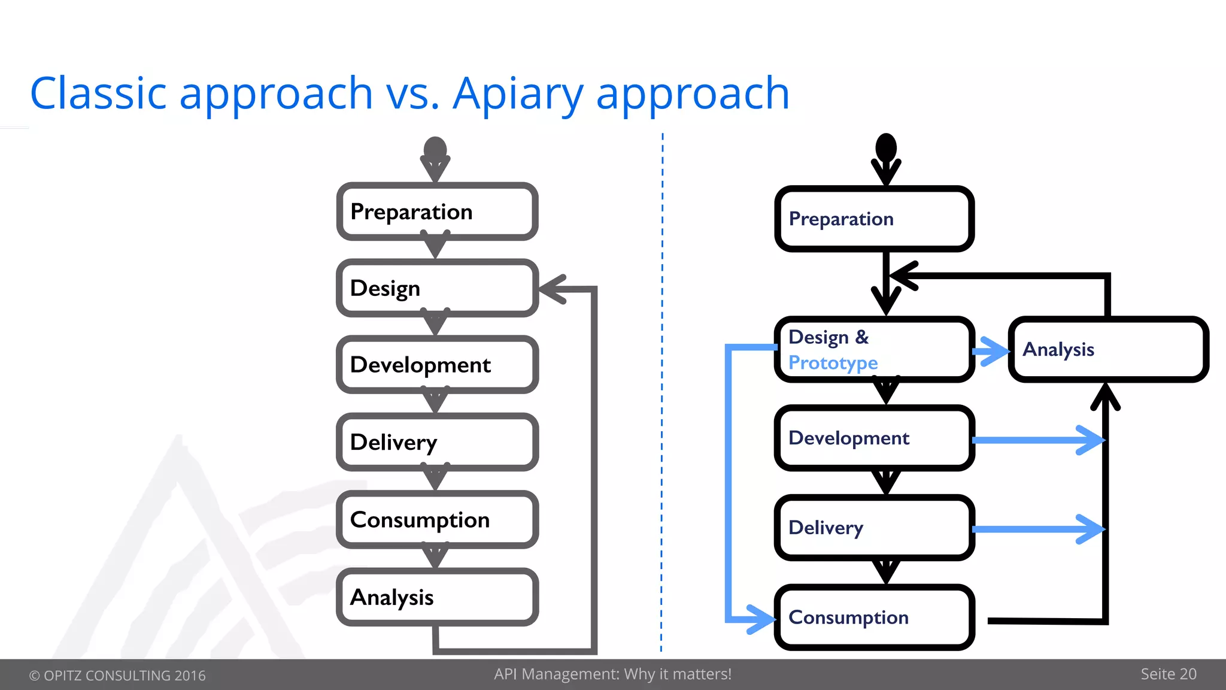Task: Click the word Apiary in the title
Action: pyautogui.click(x=517, y=94)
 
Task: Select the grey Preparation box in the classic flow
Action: pyautogui.click(x=437, y=211)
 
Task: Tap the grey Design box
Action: pyautogui.click(x=437, y=288)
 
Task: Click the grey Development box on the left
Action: pyautogui.click(x=437, y=365)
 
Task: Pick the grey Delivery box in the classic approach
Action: pyautogui.click(x=437, y=442)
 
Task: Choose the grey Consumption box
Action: pyautogui.click(x=437, y=519)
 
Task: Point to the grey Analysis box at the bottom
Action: pyautogui.click(x=437, y=597)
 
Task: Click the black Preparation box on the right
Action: pyautogui.click(x=874, y=219)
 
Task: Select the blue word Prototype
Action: pyautogui.click(x=833, y=363)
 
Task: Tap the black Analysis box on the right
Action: pyautogui.click(x=1108, y=349)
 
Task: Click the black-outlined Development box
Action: pyautogui.click(x=874, y=438)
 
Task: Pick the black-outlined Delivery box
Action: pyautogui.click(x=874, y=528)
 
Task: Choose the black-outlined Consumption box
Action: pyautogui.click(x=874, y=617)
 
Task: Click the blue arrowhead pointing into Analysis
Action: pyautogui.click(x=996, y=351)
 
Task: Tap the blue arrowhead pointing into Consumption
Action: pyautogui.click(x=763, y=619)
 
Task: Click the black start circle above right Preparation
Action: pyautogui.click(x=886, y=147)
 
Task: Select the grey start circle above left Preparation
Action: pyautogui.click(x=435, y=150)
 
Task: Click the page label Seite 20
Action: pyautogui.click(x=1168, y=674)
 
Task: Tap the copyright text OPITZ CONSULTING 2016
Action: pyautogui.click(x=118, y=676)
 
